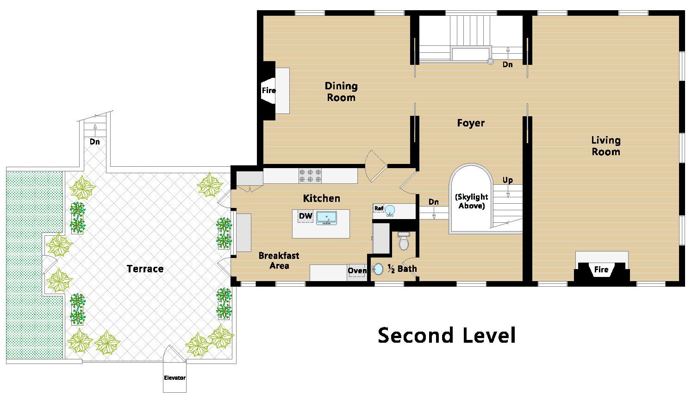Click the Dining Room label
pos(341,92)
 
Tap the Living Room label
pos(606,146)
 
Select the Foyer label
pos(471,123)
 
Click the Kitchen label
pos(321,198)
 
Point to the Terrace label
pos(145,269)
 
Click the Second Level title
pos(447,335)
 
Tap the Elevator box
pos(175,377)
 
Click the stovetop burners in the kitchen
pos(310,176)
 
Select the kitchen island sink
pos(326,218)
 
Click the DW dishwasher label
pos(305,216)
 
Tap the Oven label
pos(357,270)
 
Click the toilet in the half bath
pos(404,241)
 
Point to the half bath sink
pos(377,269)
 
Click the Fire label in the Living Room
pos(601,270)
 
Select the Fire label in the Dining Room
pos(268,90)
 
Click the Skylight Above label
pos(471,201)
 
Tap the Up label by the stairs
pos(508,180)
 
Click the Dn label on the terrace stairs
pos(94,142)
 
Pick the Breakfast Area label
pos(279,260)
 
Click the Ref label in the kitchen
pos(379,208)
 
